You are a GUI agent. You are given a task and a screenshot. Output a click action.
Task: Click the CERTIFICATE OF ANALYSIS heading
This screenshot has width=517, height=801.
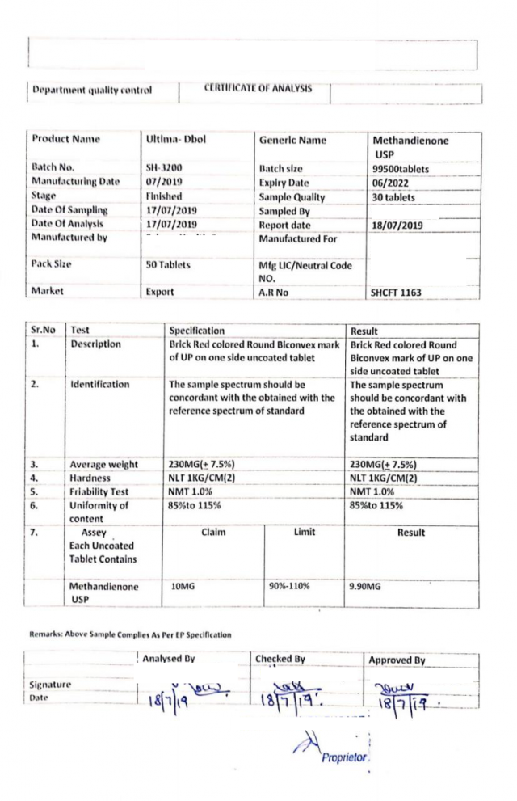258,88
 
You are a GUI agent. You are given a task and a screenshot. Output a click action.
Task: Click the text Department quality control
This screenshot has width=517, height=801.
91,91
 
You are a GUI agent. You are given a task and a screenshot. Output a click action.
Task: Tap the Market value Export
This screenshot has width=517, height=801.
160,292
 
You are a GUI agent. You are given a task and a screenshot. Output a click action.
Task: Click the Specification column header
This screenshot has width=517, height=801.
197,331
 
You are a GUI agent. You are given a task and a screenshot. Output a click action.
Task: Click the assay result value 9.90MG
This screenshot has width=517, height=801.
364,587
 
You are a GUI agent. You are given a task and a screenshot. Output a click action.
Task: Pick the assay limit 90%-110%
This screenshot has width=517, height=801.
289,587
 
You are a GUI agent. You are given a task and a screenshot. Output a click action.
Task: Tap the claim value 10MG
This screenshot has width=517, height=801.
185,587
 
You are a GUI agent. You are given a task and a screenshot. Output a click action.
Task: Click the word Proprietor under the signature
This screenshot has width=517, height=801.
344,758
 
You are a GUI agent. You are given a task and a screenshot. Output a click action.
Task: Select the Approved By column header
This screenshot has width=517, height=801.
397,660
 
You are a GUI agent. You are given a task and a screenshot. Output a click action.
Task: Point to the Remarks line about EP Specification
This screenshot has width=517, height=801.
130,634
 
